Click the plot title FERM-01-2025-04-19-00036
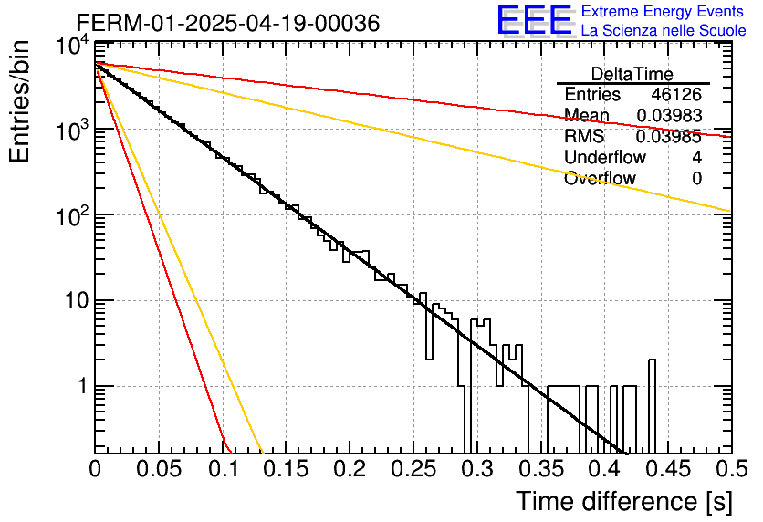(x=228, y=23)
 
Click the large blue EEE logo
(x=535, y=20)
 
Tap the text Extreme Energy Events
(x=663, y=11)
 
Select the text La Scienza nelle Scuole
(x=664, y=30)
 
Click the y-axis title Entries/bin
(x=19, y=101)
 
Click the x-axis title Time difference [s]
(x=624, y=502)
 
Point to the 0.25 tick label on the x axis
(x=413, y=469)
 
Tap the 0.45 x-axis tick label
(x=669, y=469)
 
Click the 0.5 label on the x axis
(x=731, y=469)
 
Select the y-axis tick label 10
(x=78, y=300)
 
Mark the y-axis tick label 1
(x=83, y=386)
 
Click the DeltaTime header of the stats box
(x=632, y=75)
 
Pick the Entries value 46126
(x=676, y=94)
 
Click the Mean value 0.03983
(x=670, y=115)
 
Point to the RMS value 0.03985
(x=669, y=137)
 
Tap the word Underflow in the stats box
(x=605, y=157)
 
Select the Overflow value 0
(x=696, y=179)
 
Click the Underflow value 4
(x=696, y=157)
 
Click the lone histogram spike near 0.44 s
(x=652, y=406)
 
